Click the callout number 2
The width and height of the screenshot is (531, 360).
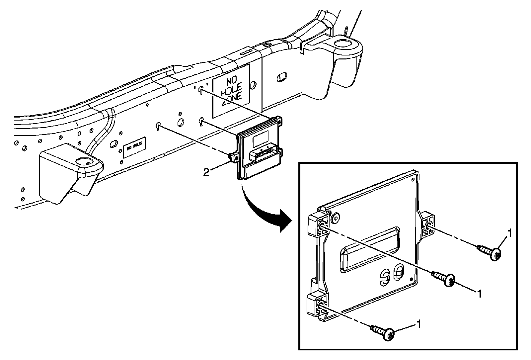click(x=206, y=172)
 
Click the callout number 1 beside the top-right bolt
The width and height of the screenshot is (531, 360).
click(x=509, y=233)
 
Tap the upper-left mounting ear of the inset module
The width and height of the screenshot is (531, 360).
click(x=318, y=225)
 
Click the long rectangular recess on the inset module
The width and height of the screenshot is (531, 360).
click(x=369, y=249)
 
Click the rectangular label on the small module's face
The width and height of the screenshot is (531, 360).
click(x=261, y=138)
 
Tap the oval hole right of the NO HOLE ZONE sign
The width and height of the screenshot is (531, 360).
click(x=281, y=77)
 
